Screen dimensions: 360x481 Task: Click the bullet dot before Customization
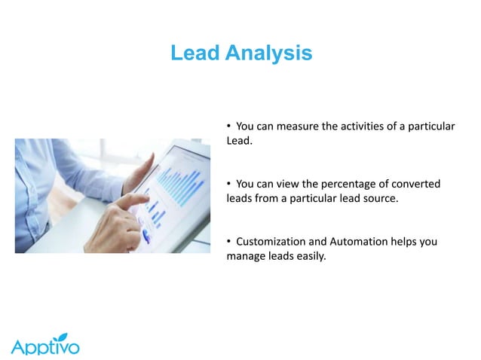pos(229,242)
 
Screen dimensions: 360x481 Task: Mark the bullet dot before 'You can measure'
pos(229,126)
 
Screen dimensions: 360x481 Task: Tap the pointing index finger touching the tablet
pos(143,200)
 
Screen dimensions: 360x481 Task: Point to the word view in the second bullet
pos(290,185)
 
